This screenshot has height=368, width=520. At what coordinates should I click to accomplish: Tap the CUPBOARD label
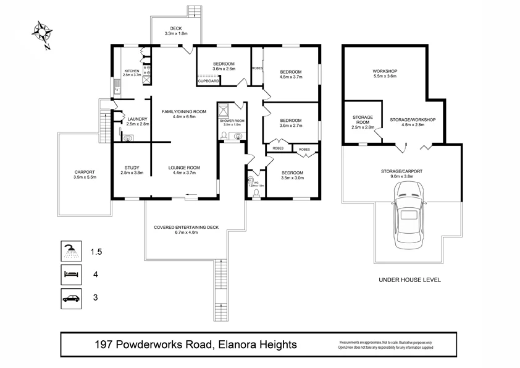pos(208,81)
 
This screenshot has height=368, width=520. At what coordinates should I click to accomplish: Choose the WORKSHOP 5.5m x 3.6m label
pos(384,74)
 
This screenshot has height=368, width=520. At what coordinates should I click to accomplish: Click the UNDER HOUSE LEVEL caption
pos(409,280)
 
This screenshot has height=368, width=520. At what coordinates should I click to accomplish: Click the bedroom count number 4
pos(95,274)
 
